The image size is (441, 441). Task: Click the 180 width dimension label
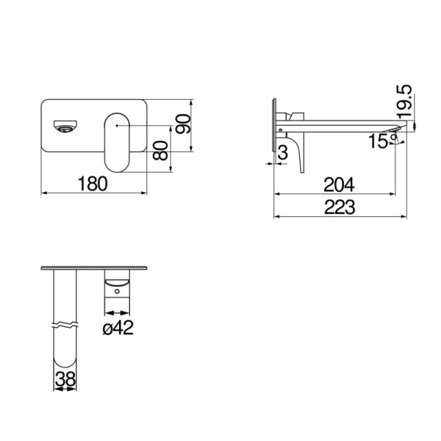[95, 183]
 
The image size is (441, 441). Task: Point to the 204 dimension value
[339, 184]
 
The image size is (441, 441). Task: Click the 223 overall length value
[339, 207]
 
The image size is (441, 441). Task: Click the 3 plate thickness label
[282, 152]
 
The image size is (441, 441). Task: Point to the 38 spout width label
[65, 379]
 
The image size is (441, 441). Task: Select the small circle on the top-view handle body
[116, 292]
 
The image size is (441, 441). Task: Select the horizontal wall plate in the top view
[96, 268]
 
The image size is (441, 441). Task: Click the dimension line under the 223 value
[339, 217]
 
